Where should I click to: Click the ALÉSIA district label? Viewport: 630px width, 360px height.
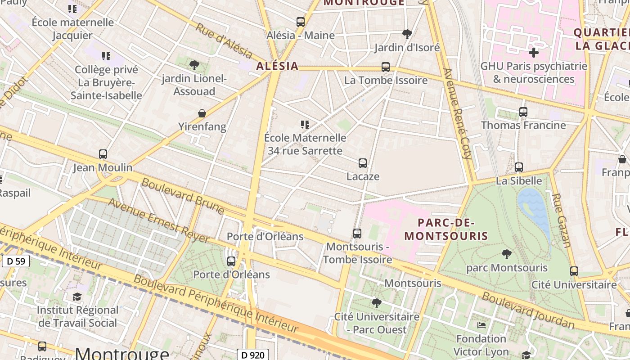[x=277, y=66]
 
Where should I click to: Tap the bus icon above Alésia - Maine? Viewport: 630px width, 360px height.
[x=300, y=22]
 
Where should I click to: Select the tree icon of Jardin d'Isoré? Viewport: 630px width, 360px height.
[x=407, y=34]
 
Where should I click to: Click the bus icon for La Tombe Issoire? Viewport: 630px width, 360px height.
[x=386, y=67]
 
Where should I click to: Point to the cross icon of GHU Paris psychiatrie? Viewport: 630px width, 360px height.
[x=533, y=53]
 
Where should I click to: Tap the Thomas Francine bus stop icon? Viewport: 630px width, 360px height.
[x=523, y=112]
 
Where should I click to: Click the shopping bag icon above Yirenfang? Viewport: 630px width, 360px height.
[x=202, y=113]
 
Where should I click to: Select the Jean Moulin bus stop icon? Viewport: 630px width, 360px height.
[x=103, y=154]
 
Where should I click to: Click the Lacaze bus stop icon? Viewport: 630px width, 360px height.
[x=363, y=163]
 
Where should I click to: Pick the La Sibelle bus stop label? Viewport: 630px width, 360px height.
[x=519, y=180]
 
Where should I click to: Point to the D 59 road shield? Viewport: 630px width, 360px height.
[x=16, y=261]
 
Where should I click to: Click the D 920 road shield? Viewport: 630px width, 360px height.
[x=252, y=355]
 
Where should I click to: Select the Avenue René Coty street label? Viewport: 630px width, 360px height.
[x=458, y=114]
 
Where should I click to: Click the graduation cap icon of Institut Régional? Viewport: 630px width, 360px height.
[x=77, y=297]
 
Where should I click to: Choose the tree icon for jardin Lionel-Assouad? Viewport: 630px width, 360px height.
[x=194, y=65]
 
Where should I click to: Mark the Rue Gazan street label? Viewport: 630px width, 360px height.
[x=561, y=220]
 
